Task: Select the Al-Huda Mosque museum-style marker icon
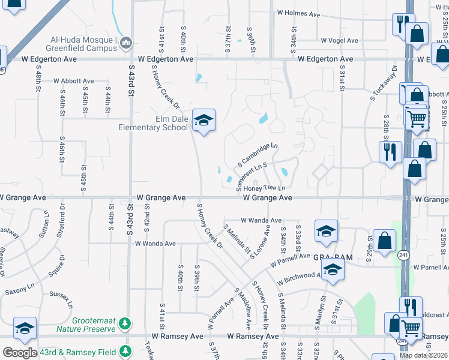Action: coord(126,43)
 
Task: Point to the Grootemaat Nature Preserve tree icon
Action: coord(125,324)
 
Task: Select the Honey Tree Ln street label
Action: coord(264,188)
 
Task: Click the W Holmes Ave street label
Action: coord(299,12)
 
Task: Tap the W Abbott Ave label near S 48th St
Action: coord(74,81)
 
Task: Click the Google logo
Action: coord(20,353)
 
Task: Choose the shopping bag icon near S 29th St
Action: coord(385,241)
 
